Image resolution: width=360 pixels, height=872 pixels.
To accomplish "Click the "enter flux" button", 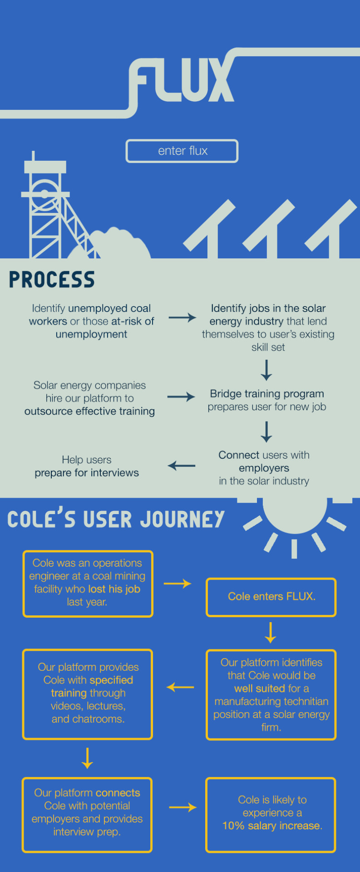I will [182, 151].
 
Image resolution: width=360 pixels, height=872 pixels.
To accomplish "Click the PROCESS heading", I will [52, 280].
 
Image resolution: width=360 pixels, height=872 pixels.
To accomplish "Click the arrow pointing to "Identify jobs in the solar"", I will [182, 317].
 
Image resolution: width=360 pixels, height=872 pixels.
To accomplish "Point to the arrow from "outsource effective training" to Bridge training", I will [181, 397].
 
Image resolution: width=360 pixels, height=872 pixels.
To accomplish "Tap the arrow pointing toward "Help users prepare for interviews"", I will [181, 466].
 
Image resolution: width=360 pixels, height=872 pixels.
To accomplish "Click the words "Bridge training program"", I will [267, 394].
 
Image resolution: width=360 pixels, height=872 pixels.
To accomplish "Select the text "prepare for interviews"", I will [87, 473].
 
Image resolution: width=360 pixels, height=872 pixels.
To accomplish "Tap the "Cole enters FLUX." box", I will [271, 597].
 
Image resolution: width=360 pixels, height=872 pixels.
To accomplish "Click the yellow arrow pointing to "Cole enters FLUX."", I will [178, 584].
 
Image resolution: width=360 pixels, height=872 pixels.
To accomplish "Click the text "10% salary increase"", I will [271, 826].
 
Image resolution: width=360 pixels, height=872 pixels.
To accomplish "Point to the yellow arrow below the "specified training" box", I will [87, 758].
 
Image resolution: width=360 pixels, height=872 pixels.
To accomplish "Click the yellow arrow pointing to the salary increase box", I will [182, 807].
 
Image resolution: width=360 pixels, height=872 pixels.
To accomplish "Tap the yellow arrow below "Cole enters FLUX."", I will [271, 633].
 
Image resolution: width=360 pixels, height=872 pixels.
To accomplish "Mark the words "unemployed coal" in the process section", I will [109, 308].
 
